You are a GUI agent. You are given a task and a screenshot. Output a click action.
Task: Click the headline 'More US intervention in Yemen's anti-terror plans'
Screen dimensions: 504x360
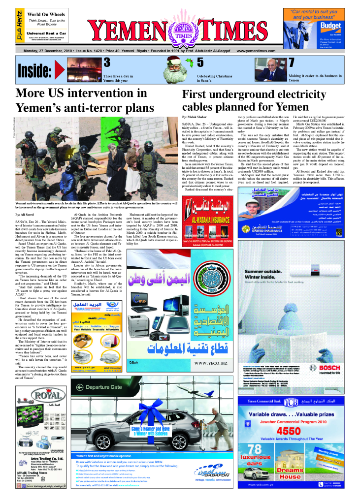81,100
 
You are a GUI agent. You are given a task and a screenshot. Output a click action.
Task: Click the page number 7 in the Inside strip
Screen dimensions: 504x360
291,63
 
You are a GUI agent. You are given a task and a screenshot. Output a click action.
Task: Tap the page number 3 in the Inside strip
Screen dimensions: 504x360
106,63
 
